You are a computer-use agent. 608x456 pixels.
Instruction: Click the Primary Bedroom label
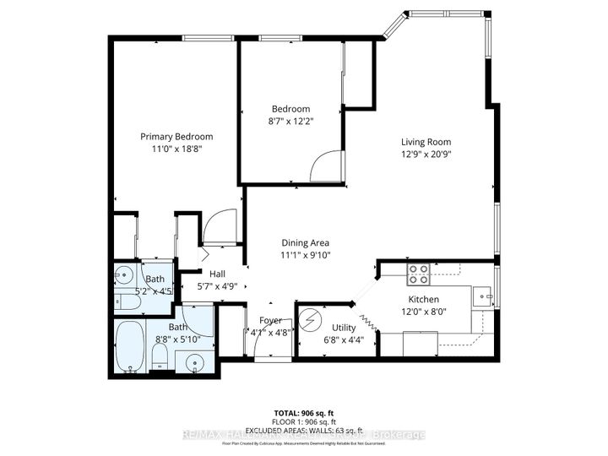[176, 136]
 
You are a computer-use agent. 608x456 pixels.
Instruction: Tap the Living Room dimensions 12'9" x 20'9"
[426, 155]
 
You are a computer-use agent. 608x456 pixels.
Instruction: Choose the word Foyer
[270, 320]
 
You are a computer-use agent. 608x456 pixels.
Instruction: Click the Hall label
[218, 273]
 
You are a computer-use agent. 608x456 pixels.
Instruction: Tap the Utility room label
[344, 328]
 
